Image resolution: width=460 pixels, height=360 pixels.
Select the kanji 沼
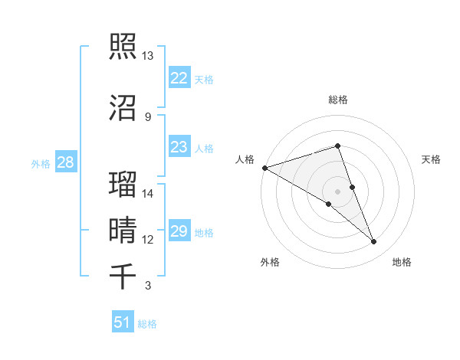click(x=123, y=106)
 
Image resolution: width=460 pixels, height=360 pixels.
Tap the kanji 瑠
click(x=123, y=184)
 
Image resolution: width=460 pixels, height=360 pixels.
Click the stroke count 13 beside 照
click(x=147, y=56)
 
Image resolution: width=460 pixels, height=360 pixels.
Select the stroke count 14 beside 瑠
click(x=147, y=194)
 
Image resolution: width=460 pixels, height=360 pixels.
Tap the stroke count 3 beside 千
click(x=147, y=286)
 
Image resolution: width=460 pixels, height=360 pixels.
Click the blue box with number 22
click(x=179, y=77)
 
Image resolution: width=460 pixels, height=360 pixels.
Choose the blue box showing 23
click(x=179, y=147)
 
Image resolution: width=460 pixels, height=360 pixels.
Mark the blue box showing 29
click(x=179, y=231)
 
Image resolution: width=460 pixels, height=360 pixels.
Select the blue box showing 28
click(x=65, y=162)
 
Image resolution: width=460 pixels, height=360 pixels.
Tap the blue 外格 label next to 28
click(x=41, y=163)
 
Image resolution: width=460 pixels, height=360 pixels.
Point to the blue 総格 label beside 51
click(x=147, y=324)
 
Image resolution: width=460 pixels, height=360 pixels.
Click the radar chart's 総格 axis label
click(x=337, y=100)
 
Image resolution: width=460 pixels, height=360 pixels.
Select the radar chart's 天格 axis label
click(x=432, y=159)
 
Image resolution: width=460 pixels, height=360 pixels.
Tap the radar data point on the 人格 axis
click(x=264, y=168)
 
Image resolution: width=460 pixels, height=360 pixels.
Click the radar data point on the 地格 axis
click(x=374, y=242)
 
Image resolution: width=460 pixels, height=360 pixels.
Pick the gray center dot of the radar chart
click(x=337, y=191)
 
